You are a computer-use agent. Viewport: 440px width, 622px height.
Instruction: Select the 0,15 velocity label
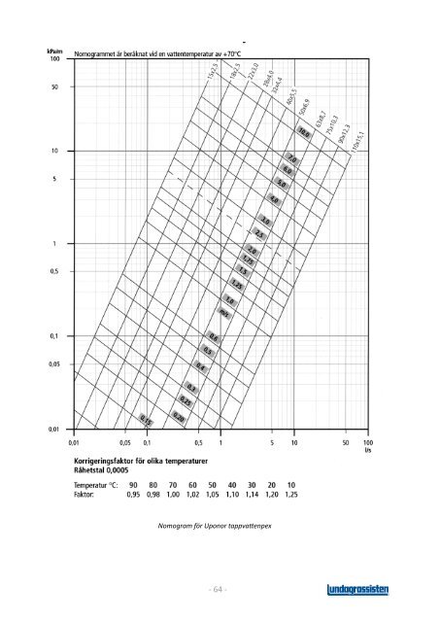click(x=146, y=420)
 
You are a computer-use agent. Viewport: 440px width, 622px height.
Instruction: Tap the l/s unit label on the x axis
click(x=367, y=450)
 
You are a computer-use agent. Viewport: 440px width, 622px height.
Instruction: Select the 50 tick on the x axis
click(x=346, y=441)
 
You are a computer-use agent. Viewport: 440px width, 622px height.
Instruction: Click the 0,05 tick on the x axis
click(x=124, y=441)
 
